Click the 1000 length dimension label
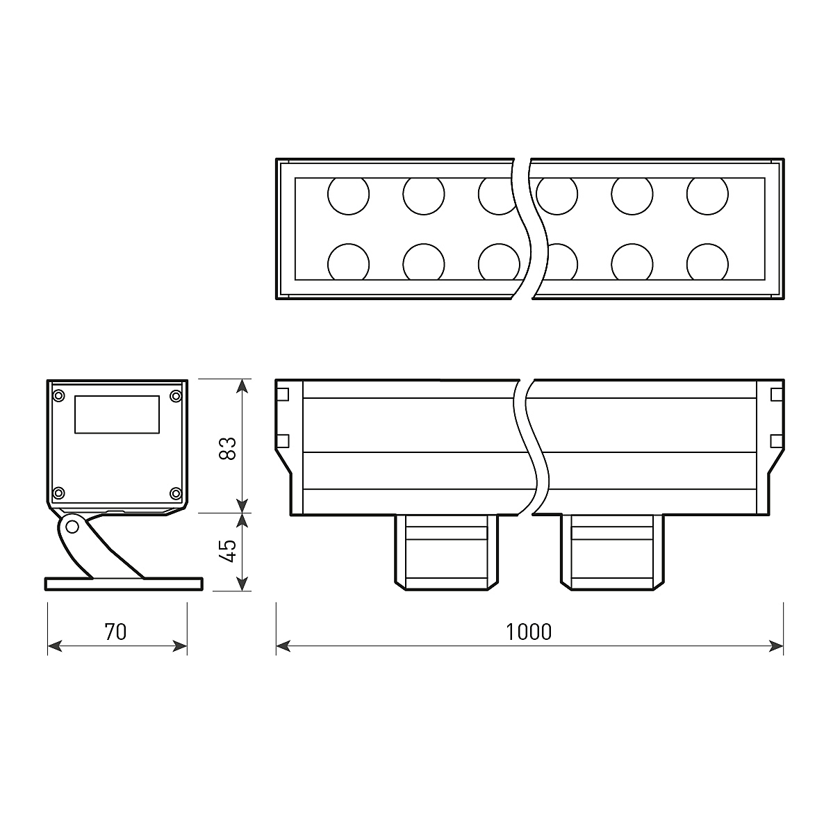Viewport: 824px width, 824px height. coord(529,632)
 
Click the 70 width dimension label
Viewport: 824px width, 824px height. coord(115,632)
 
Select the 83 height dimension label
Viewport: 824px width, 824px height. coord(228,448)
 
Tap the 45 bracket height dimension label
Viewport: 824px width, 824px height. coord(228,551)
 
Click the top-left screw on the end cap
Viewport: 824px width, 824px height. coord(59,395)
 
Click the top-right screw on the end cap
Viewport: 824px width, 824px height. coord(176,395)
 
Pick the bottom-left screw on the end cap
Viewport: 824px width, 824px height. coord(59,493)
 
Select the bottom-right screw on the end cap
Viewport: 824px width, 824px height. coord(176,493)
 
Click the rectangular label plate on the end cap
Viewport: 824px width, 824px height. coord(117,415)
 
